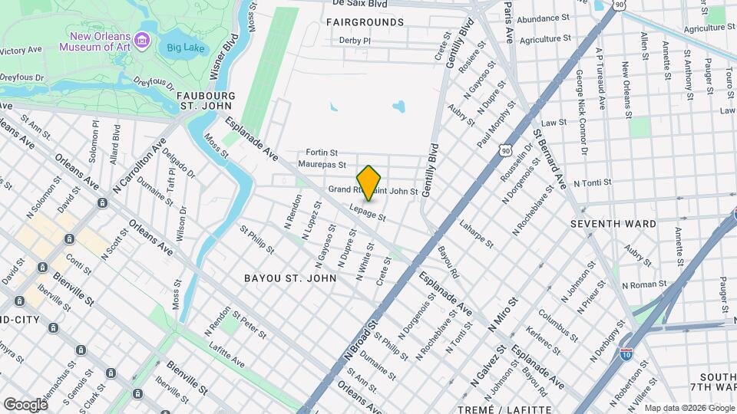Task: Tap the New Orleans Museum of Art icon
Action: tap(141, 40)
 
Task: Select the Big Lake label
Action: tap(181, 48)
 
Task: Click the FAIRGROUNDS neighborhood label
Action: tap(365, 22)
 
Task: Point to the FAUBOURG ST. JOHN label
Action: tap(206, 102)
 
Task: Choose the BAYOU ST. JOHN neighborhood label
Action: tap(290, 278)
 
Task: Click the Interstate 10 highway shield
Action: tap(626, 354)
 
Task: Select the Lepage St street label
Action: tap(366, 212)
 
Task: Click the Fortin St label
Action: tap(321, 153)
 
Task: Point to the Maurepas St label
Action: tap(322, 164)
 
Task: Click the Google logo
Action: tap(25, 404)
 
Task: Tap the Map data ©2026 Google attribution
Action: tap(688, 408)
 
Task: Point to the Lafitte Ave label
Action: tap(225, 353)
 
